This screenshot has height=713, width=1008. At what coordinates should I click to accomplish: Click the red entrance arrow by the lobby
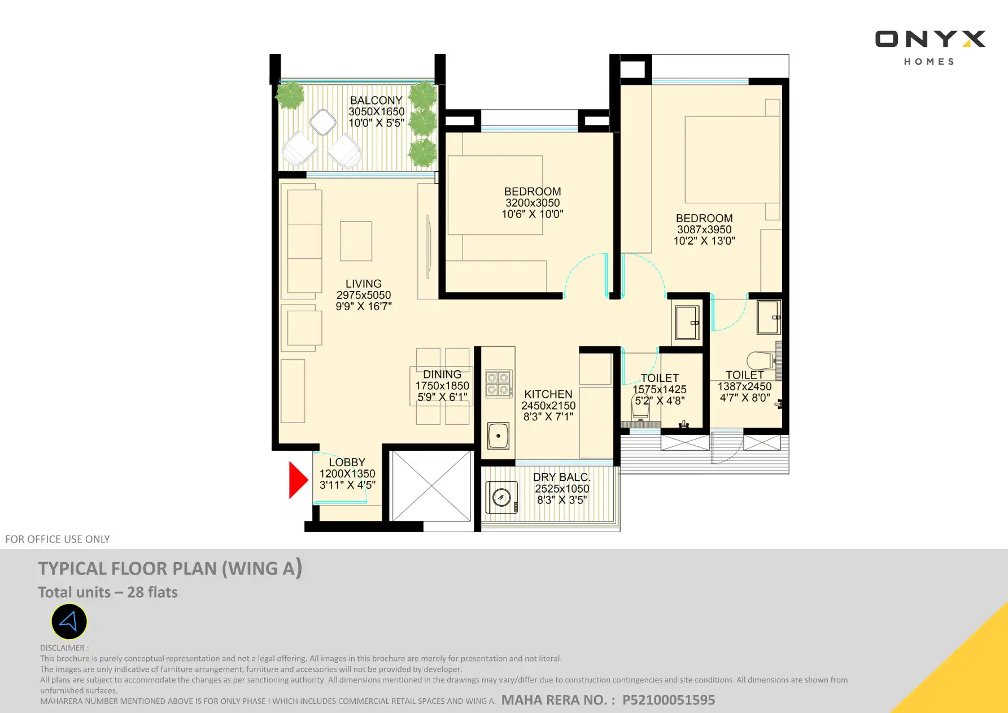(298, 480)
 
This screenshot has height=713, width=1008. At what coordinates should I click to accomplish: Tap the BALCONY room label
(376, 101)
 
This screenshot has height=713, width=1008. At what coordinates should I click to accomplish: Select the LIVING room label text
(364, 284)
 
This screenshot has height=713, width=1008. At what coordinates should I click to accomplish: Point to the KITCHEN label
(548, 394)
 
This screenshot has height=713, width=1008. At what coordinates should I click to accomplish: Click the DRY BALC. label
(562, 477)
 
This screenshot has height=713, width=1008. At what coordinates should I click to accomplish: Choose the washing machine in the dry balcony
(501, 497)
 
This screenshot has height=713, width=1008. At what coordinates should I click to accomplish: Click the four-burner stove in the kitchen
(499, 384)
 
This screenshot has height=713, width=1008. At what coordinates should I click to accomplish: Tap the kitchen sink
(498, 436)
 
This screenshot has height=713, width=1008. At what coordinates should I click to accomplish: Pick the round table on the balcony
(323, 122)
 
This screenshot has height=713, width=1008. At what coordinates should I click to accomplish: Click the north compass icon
(69, 621)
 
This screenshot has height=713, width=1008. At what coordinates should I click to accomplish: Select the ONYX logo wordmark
(930, 39)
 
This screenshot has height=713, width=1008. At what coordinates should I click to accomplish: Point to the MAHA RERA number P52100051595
(669, 700)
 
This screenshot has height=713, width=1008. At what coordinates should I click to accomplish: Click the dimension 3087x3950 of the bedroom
(704, 229)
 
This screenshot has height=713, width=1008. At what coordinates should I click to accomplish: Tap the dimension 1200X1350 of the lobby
(347, 473)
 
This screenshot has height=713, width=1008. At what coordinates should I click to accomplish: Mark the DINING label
(442, 374)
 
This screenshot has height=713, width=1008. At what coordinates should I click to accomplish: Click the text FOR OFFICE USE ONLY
(58, 539)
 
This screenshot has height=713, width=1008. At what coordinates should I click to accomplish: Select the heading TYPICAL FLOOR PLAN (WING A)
(170, 568)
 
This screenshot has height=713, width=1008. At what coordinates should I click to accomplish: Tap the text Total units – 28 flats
(108, 592)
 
